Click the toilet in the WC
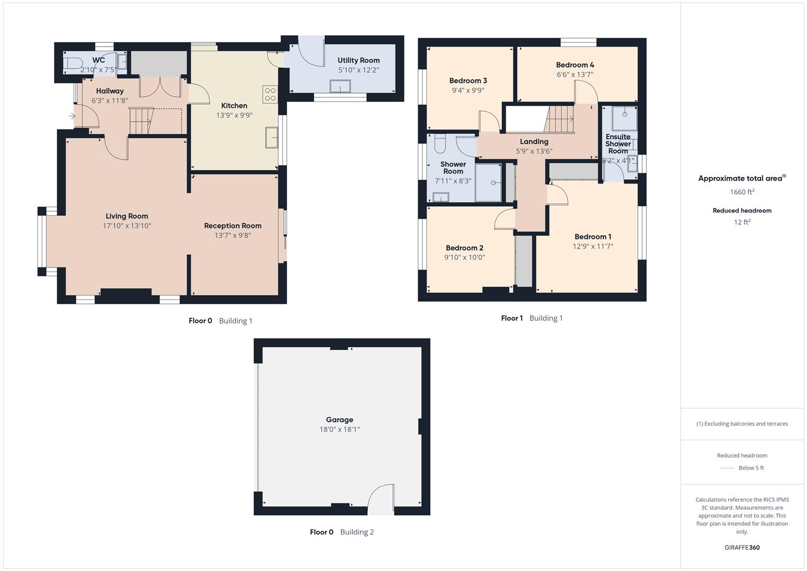point(71,63)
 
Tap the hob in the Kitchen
point(270,94)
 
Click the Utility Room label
point(358,60)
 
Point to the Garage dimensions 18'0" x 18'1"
point(339,429)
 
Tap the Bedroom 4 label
point(575,65)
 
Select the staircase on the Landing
point(559,119)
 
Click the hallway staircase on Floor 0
point(141,122)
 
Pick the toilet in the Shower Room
point(440,143)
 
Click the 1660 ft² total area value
point(742,192)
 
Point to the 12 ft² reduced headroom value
point(742,222)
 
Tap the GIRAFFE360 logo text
point(742,547)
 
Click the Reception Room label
point(233,226)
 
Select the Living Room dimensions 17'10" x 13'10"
point(127,226)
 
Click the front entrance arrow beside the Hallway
point(72,116)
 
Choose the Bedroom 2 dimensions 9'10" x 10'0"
point(465,257)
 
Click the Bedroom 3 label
point(468,81)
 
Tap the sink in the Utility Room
point(340,86)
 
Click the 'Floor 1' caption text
point(512,318)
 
